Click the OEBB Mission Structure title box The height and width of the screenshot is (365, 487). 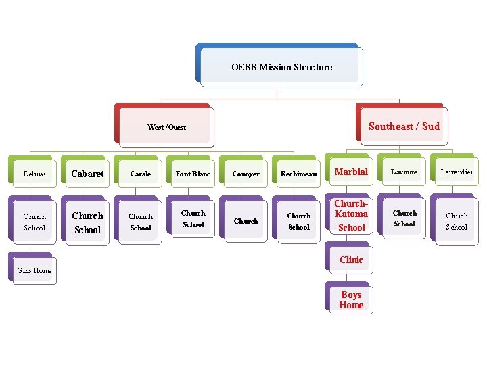(281, 67)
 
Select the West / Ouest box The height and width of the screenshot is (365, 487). (166, 127)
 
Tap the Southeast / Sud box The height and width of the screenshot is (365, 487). (404, 126)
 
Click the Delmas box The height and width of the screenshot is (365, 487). (35, 174)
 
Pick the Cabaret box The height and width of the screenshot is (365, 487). (88, 174)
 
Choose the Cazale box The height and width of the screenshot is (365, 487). (141, 174)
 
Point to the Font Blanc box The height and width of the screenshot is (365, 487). (193, 174)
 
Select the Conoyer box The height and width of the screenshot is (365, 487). (246, 174)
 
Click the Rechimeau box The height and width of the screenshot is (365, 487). (298, 174)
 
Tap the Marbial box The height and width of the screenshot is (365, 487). (351, 172)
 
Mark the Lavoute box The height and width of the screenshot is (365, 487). (404, 172)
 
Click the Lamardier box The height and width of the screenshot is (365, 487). (457, 172)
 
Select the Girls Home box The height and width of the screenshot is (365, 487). (34, 270)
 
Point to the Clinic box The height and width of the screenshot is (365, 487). (351, 260)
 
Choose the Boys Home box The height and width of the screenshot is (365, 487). (351, 299)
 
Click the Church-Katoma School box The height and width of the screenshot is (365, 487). (351, 216)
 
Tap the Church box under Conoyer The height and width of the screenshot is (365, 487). (246, 221)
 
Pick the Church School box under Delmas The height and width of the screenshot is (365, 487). (35, 222)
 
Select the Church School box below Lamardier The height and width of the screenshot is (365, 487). (457, 221)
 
